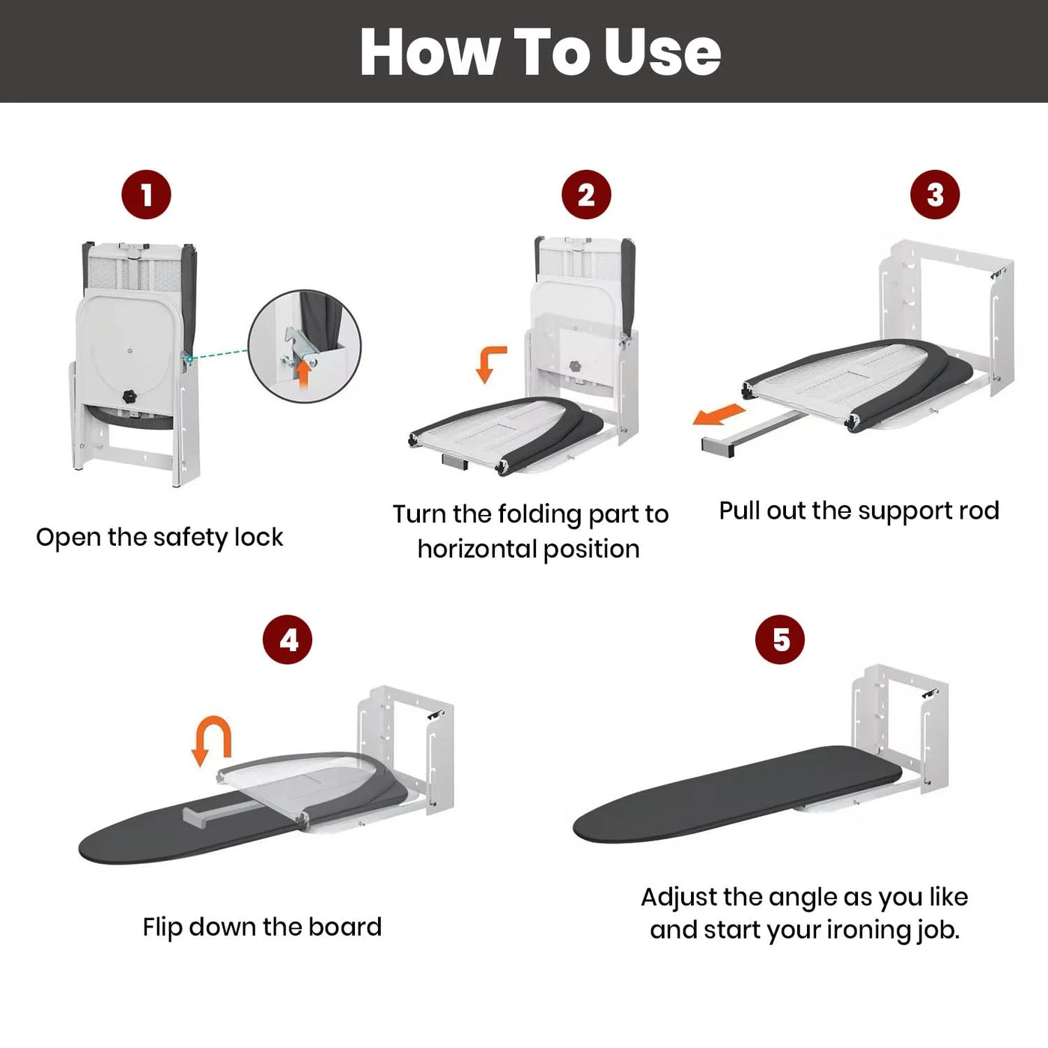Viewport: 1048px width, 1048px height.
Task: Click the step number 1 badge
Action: pos(146,195)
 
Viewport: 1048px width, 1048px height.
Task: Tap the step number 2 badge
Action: pos(586,195)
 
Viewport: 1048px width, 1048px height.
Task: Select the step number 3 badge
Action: pos(935,195)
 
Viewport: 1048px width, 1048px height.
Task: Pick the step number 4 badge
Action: pos(287,639)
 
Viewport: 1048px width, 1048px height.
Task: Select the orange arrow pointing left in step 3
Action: pos(719,415)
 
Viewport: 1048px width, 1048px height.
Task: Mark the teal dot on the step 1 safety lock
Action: pos(188,359)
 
